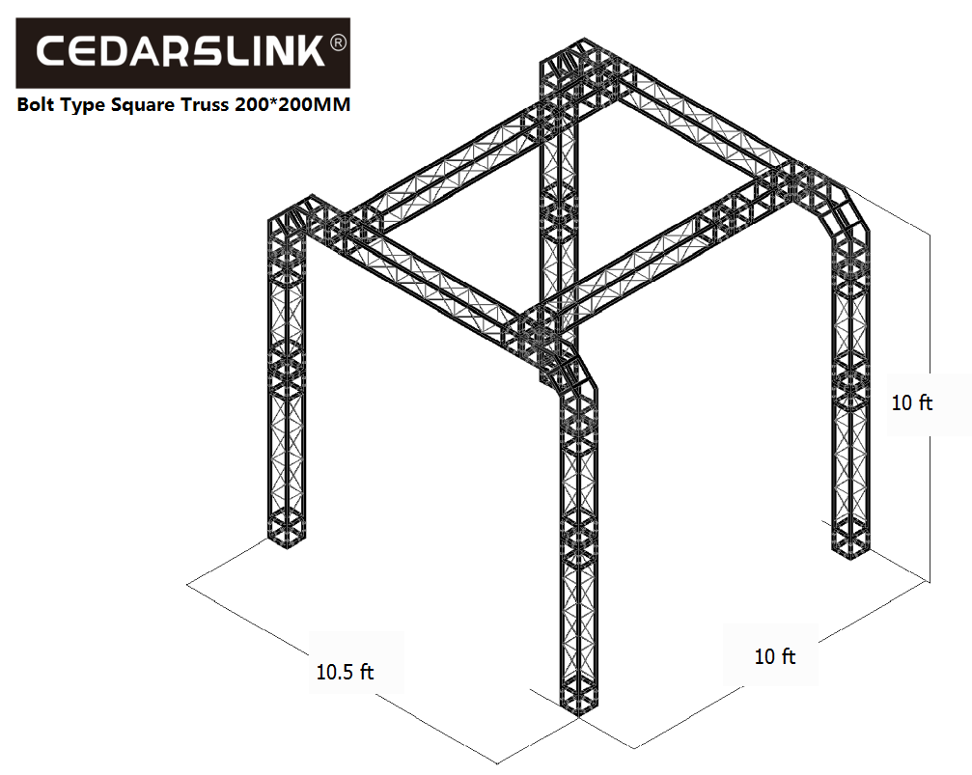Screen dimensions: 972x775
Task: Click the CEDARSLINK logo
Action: [x=182, y=53]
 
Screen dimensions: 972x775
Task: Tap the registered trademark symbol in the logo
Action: [x=337, y=42]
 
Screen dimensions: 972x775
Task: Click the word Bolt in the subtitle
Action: [x=36, y=104]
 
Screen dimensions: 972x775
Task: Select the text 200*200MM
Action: [x=292, y=104]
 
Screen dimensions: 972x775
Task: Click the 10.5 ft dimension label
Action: [x=345, y=672]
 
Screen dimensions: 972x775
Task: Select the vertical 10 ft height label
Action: [x=912, y=403]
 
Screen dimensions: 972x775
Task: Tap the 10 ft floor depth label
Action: [x=775, y=656]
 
